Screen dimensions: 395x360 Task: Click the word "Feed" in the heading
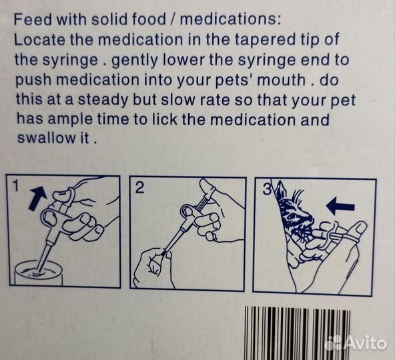[x=33, y=19]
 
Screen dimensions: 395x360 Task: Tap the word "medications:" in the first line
[x=230, y=19]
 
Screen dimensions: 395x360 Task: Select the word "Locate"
[x=39, y=40]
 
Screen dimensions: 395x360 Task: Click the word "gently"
[x=135, y=61]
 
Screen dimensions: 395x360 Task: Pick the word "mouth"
[x=282, y=80]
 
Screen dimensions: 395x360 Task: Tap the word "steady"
[x=103, y=101]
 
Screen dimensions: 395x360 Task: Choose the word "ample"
[x=70, y=120]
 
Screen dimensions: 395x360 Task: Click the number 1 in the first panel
[x=16, y=186]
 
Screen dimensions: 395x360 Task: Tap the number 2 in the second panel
[x=140, y=187]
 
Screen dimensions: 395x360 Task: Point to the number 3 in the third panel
[x=267, y=189]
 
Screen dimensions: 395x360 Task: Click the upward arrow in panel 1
[x=38, y=197]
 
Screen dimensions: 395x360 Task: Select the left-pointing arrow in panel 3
[x=340, y=206]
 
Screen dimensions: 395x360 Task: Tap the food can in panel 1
[x=38, y=274]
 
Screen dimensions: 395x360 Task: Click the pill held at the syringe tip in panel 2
[x=164, y=253]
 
